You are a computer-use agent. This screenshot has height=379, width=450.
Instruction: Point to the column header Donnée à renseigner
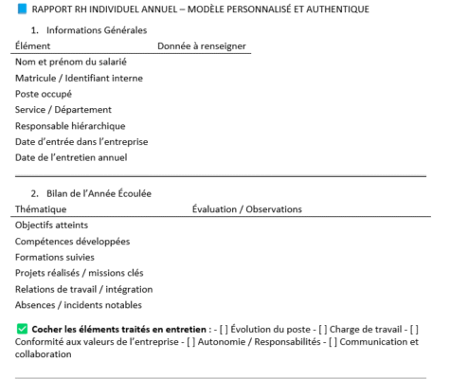pyautogui.click(x=201, y=45)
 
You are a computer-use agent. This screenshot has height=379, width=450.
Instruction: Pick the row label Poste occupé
pyautogui.click(x=44, y=94)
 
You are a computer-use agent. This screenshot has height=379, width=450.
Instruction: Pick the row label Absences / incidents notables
pyautogui.click(x=79, y=305)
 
